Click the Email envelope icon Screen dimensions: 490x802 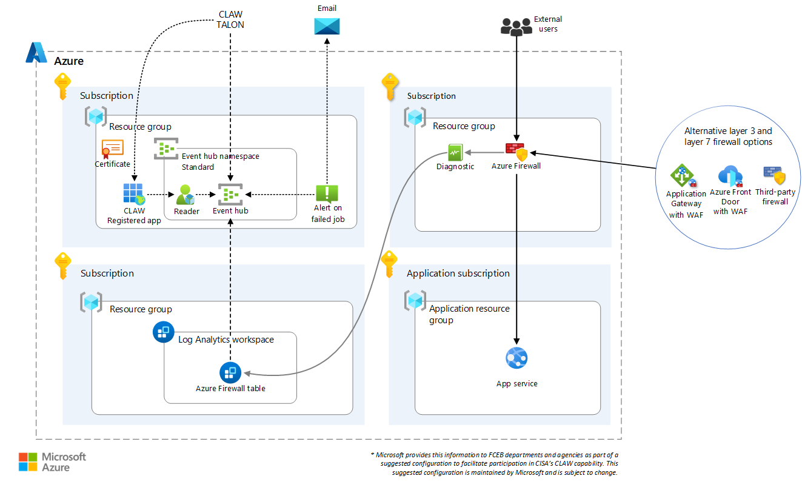pyautogui.click(x=327, y=26)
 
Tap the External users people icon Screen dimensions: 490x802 pyautogui.click(x=516, y=26)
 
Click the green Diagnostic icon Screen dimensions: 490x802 pyautogui.click(x=455, y=152)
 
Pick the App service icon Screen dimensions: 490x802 pyautogui.click(x=516, y=358)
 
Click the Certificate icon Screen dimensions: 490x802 pyautogui.click(x=112, y=149)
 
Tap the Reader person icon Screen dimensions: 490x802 pyautogui.click(x=185, y=195)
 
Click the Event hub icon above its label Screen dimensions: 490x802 pyautogui.click(x=230, y=194)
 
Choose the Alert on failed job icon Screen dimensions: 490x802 pyautogui.click(x=327, y=193)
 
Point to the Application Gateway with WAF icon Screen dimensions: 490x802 pyautogui.click(x=683, y=176)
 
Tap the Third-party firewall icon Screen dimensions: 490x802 pyautogui.click(x=775, y=175)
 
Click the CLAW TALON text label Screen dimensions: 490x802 pyautogui.click(x=230, y=19)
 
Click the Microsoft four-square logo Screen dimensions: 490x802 pyautogui.click(x=27, y=462)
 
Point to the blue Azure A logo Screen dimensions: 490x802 pyautogui.click(x=36, y=53)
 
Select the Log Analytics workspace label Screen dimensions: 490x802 pyautogui.click(x=226, y=340)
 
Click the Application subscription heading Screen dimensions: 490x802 pyautogui.click(x=458, y=274)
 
